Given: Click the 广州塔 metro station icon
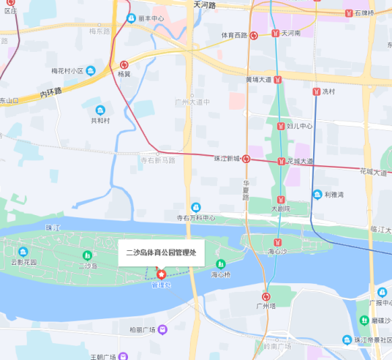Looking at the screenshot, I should tap(266, 296).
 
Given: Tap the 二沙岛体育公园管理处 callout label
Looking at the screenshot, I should tap(161, 252).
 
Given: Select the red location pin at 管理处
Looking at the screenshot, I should tap(161, 274).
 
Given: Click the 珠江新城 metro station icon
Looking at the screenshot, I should tap(246, 159).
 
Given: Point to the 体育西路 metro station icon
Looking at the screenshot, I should tap(253, 34).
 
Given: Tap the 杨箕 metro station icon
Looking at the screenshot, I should tap(124, 64).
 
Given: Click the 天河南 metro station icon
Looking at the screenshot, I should tap(276, 34).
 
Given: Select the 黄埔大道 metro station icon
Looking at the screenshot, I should tap(278, 79).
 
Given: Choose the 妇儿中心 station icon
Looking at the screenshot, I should tap(281, 126).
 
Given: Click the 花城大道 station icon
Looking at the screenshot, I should tap(281, 161).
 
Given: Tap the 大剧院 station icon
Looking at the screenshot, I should tap(279, 199).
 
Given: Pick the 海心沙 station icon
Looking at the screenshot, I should tap(276, 241).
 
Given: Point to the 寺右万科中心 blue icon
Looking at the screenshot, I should tap(195, 208).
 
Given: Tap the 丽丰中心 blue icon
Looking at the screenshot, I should tap(132, 18).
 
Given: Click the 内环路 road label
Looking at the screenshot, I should tap(50, 93).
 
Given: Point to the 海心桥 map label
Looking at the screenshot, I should tap(221, 275).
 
